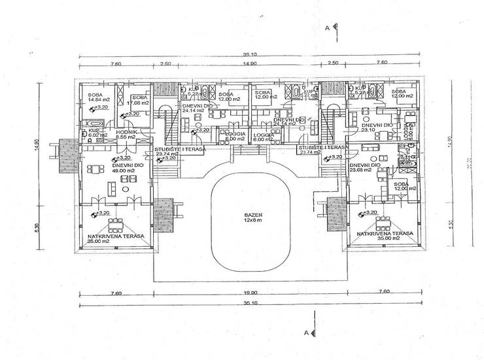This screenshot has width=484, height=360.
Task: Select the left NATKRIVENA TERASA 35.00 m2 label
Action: tap(112, 238)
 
